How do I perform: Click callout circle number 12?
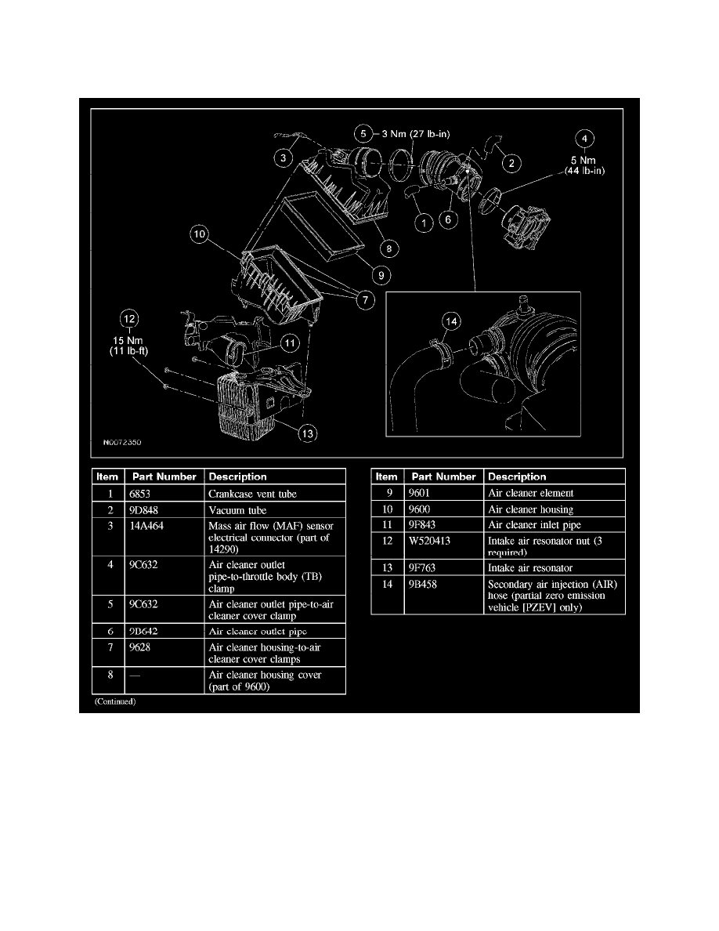click(x=128, y=319)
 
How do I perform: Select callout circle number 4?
click(x=584, y=139)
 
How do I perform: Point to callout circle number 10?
click(x=199, y=234)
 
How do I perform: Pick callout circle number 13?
click(x=310, y=433)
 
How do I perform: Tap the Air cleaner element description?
click(x=529, y=493)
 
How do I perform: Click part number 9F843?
click(x=424, y=526)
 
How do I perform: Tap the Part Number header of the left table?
click(x=164, y=476)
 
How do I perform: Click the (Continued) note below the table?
click(x=115, y=702)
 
